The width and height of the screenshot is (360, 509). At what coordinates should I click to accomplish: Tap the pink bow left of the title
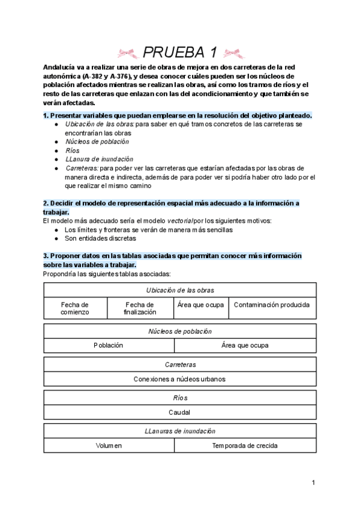pyautogui.click(x=127, y=52)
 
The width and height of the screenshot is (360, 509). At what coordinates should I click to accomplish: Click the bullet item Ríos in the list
pyautogui.click(x=72, y=151)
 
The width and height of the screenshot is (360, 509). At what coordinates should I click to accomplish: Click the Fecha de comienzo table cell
pyautogui.click(x=75, y=309)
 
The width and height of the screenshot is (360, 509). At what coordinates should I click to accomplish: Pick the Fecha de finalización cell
pyautogui.click(x=140, y=309)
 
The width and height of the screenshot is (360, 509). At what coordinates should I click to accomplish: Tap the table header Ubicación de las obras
pyautogui.click(x=180, y=290)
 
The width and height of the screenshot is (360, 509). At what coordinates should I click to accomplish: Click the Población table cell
pyautogui.click(x=109, y=345)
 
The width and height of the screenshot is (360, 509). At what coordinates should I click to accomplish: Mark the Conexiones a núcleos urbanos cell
pyautogui.click(x=180, y=379)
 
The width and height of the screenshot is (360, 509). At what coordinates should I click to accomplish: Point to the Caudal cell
pyautogui.click(x=180, y=412)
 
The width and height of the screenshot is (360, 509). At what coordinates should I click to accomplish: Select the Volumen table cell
pyautogui.click(x=109, y=446)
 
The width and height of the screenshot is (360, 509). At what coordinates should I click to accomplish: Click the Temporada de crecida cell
pyautogui.click(x=245, y=446)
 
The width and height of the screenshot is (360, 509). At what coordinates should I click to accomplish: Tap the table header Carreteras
pyautogui.click(x=180, y=364)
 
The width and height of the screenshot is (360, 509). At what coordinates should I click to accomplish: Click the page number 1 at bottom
pyautogui.click(x=313, y=483)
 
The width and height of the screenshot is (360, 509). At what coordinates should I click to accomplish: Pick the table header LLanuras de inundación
pyautogui.click(x=180, y=431)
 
